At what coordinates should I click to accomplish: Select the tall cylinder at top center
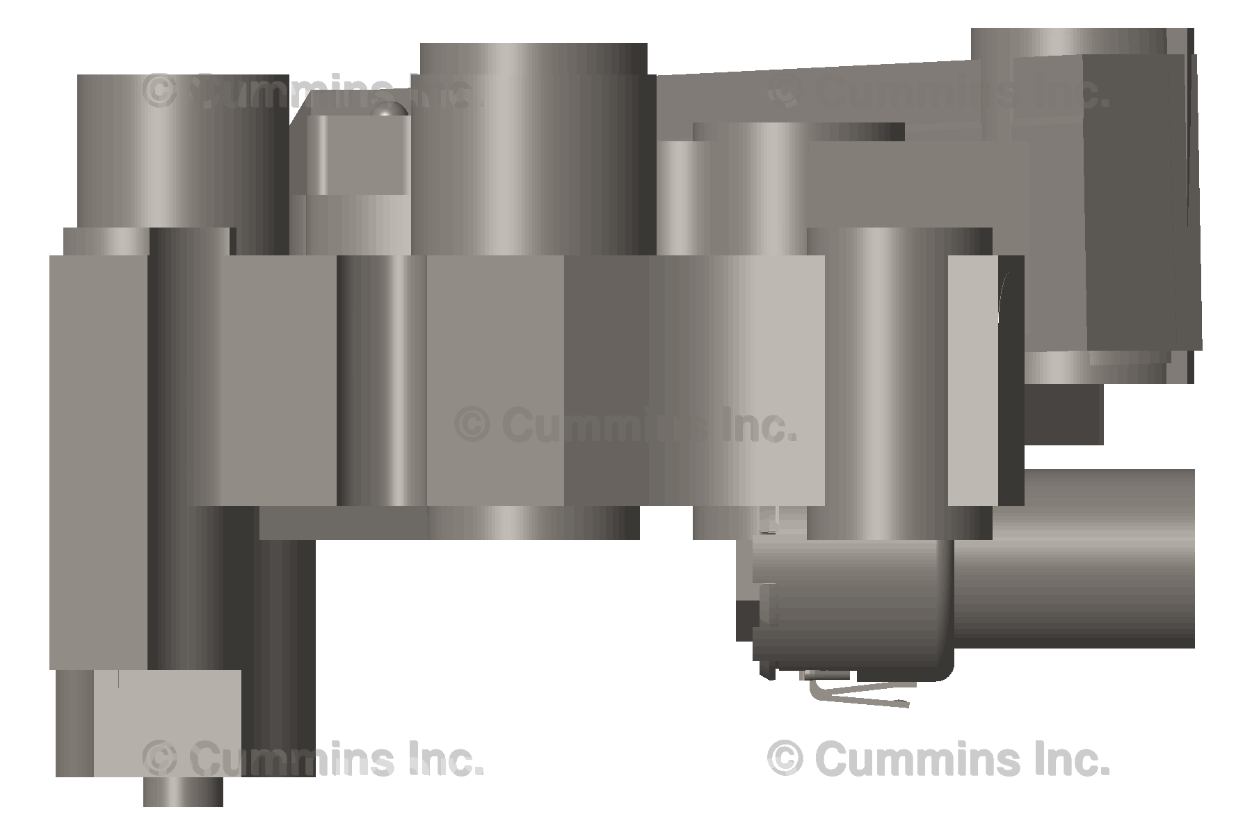(533, 146)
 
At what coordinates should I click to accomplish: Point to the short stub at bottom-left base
(183, 792)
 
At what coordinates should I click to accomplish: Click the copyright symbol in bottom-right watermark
(785, 758)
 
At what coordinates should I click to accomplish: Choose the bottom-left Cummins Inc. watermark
(312, 758)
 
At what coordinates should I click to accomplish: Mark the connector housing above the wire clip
(852, 605)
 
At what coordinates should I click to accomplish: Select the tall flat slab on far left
(97, 459)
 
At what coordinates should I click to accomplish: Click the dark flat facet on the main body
(605, 379)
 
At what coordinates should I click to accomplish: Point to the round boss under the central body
(533, 522)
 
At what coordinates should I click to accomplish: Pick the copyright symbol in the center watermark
(472, 425)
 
